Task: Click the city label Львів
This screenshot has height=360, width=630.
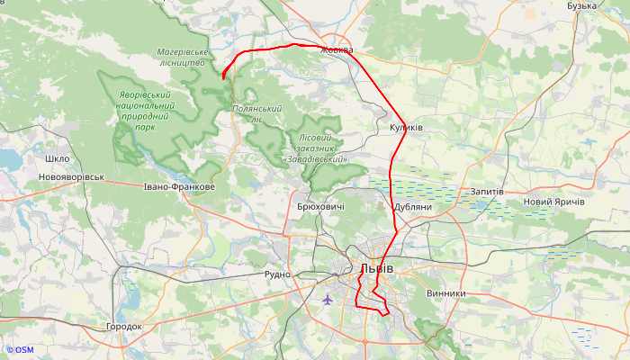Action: click(375, 269)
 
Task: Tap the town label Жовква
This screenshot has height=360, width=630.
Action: click(337, 50)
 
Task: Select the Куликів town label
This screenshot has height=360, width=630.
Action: click(406, 128)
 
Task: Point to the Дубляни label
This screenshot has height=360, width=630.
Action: click(413, 207)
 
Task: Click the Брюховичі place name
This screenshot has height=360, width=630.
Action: click(319, 207)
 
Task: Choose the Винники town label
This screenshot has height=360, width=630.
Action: click(446, 293)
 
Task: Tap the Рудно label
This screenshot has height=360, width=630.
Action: click(278, 274)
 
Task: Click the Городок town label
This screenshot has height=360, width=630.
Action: click(124, 327)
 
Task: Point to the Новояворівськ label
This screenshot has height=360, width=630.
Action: click(71, 177)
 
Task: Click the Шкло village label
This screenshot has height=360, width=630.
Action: click(57, 159)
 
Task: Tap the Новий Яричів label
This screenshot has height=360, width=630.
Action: click(553, 202)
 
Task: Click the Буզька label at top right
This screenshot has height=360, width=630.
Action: click(582, 6)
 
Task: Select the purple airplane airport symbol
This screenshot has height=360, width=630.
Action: click(327, 299)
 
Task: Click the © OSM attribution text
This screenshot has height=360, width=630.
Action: click(19, 350)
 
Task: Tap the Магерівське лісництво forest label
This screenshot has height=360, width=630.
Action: click(182, 58)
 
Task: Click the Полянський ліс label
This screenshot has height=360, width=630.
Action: click(257, 114)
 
